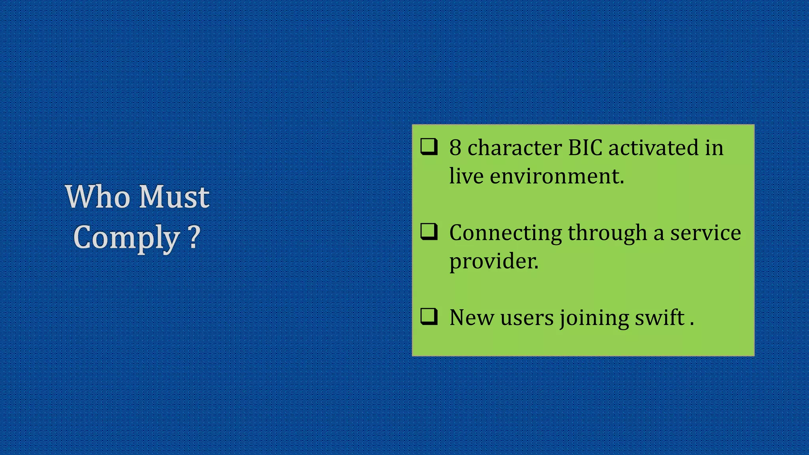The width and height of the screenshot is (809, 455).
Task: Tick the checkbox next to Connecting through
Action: pos(429,232)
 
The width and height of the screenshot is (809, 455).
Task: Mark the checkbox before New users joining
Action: pos(429,316)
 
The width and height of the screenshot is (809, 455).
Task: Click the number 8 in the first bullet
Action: pos(455,148)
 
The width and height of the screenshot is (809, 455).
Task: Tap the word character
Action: pos(515,148)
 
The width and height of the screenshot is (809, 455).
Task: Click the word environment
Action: pos(557,176)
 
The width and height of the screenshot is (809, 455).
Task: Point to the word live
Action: pos(466,176)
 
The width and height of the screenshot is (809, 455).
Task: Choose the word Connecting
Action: pos(506,233)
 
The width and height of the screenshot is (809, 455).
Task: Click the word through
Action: pos(607,233)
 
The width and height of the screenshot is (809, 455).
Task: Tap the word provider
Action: pos(494,261)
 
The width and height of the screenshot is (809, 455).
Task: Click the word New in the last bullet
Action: pos(472,318)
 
